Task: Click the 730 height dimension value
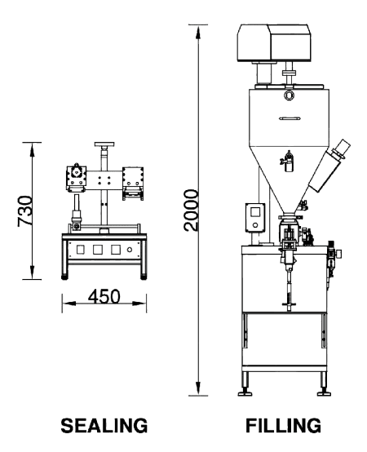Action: tap(24, 210)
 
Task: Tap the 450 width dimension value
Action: tap(104, 296)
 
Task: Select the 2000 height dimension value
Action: tap(191, 210)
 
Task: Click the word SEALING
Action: tap(104, 425)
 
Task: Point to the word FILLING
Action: tap(283, 425)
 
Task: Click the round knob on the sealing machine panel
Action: tap(130, 250)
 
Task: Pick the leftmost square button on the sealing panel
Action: tap(80, 250)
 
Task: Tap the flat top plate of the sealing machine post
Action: tap(104, 144)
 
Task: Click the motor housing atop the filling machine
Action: tap(274, 43)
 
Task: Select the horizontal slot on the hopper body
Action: tap(290, 118)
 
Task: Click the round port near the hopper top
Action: tap(289, 95)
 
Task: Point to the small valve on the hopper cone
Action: tap(287, 162)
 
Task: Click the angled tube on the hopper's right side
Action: tap(329, 166)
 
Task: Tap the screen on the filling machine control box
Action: tap(255, 212)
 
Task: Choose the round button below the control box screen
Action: tap(255, 225)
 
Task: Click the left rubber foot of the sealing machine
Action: tap(65, 277)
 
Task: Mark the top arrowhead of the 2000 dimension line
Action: tap(198, 33)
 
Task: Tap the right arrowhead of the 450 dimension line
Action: tap(139, 304)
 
